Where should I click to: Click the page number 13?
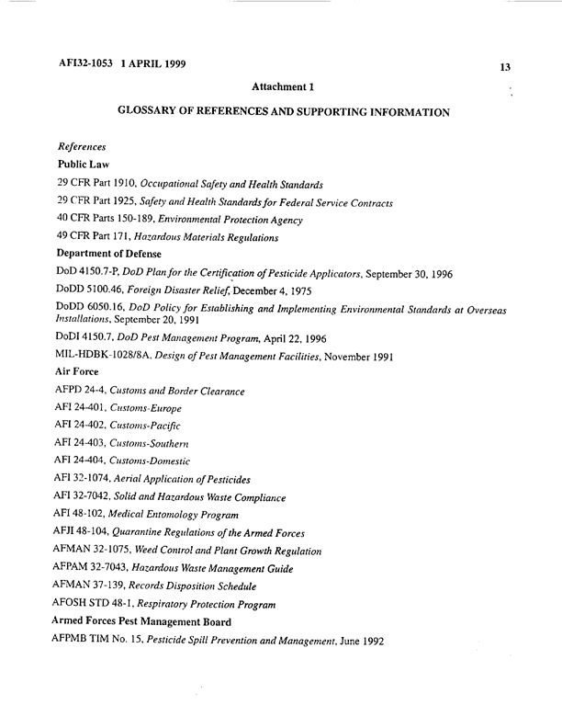pyautogui.click(x=505, y=66)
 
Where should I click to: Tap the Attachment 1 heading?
pyautogui.click(x=283, y=87)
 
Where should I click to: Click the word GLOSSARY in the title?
pyautogui.click(x=156, y=111)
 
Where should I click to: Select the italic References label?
pyautogui.click(x=82, y=147)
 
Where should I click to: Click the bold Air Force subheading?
pyautogui.click(x=77, y=375)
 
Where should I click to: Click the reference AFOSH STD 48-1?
pyautogui.click(x=103, y=604)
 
